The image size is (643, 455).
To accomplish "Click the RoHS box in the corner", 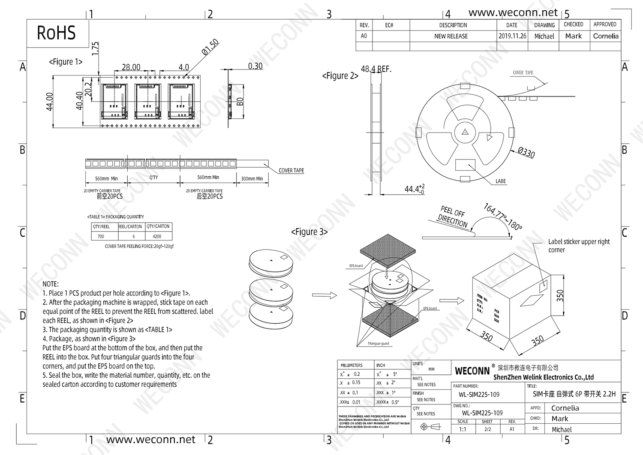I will (57, 33).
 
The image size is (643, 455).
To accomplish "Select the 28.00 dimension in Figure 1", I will (131, 67).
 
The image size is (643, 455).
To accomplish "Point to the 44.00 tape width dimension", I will (50, 102).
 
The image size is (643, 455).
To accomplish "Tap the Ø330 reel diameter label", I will (526, 152).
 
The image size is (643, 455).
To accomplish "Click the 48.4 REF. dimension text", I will (376, 69).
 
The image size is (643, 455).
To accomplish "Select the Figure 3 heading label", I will (309, 232).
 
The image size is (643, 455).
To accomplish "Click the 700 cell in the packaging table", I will (101, 236).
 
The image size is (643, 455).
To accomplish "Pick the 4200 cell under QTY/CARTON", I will (157, 236).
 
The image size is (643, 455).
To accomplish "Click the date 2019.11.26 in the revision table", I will (512, 36).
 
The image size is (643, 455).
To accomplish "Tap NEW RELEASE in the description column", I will (451, 36).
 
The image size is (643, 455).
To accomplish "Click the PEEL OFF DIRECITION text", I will (453, 217).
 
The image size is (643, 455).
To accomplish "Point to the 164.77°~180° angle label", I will (503, 217).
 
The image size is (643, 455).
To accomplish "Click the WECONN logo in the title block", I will (472, 371).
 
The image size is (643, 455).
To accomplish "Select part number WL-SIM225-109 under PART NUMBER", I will (479, 395).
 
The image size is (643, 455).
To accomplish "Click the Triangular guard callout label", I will (378, 344).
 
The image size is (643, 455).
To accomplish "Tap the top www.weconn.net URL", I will (513, 13).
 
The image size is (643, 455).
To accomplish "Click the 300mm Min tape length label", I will (252, 178).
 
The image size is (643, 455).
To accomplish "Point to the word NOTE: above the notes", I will (51, 284).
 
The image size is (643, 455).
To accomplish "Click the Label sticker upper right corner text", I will (578, 246).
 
